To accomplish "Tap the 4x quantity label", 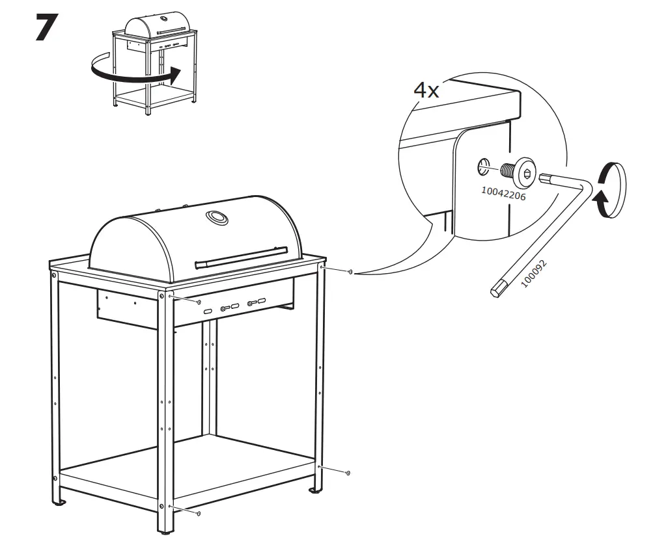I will tap(426, 90).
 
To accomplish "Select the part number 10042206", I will tap(503, 193).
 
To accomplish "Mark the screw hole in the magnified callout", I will tap(483, 166).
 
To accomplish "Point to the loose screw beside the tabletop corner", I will tap(351, 272).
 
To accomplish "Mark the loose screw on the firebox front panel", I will tap(198, 302).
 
